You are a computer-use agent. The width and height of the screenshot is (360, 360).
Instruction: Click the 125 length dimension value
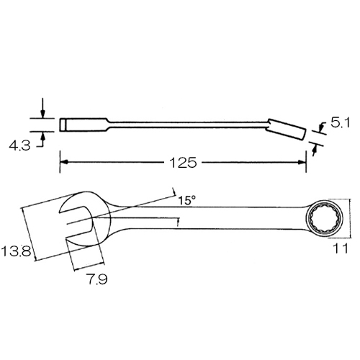183,163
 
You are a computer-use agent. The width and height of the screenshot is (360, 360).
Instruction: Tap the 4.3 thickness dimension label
19,145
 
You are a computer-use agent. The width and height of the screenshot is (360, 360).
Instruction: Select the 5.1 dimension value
340,122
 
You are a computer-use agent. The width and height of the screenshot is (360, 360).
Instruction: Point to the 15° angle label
187,200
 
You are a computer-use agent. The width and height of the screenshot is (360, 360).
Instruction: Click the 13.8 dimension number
17,251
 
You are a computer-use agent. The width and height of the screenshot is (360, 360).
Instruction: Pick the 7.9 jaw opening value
98,279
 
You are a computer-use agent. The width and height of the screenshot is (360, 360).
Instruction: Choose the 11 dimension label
341,248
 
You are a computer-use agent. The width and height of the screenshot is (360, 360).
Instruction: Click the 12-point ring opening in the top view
325,218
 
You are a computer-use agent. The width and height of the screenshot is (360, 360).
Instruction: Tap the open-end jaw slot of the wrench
75,222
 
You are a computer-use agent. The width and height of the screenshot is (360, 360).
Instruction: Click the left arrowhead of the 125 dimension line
63,162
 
